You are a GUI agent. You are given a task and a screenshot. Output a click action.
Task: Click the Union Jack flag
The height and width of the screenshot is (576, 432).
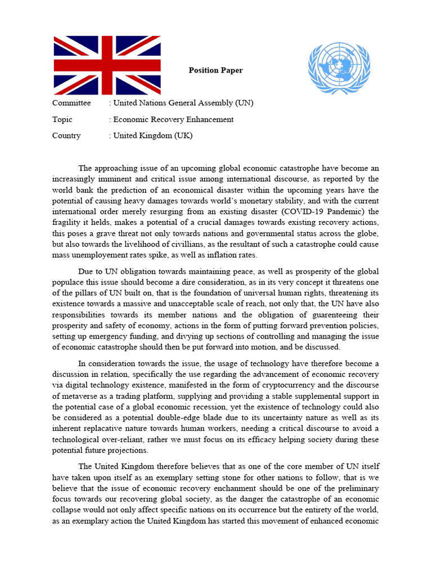point(107,65)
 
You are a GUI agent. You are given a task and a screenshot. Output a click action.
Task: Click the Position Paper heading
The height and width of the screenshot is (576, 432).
point(215,70)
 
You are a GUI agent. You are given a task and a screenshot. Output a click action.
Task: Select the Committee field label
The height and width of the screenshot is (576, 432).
point(71,103)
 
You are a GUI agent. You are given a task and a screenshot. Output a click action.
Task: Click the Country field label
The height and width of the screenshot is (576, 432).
point(66,136)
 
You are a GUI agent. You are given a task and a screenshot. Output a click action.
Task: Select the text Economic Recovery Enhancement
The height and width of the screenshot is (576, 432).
point(173,119)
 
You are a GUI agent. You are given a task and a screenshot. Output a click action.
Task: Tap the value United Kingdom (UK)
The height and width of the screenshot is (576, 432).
point(153,136)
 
